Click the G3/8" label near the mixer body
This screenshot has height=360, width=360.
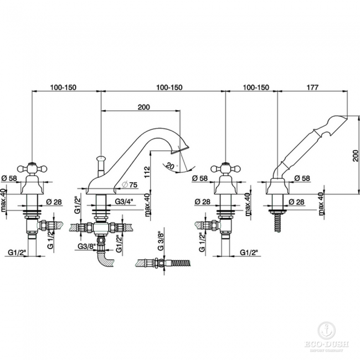(85, 246)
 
